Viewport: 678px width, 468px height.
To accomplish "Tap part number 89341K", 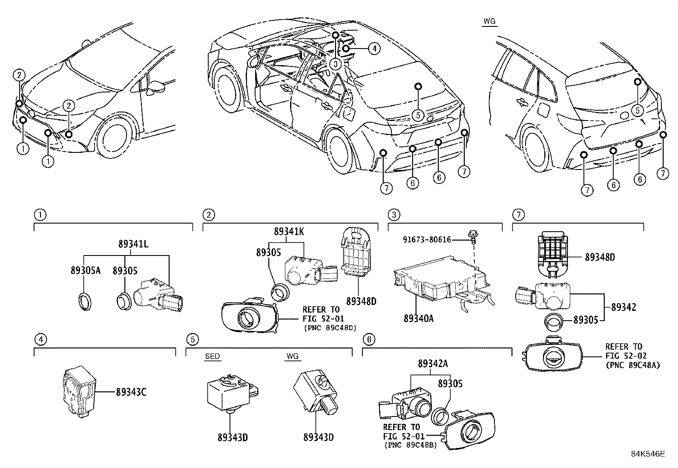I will (x=289, y=232).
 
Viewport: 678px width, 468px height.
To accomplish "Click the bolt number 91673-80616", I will (x=427, y=240).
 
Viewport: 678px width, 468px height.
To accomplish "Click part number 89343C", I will (x=131, y=392).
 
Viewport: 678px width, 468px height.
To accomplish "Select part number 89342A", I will (x=432, y=364).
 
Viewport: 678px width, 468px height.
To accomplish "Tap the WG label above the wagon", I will (x=490, y=22).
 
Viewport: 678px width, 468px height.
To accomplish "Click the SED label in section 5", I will (x=212, y=356).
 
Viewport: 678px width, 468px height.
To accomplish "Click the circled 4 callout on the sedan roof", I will (x=373, y=49).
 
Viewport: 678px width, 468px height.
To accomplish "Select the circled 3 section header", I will (x=394, y=215).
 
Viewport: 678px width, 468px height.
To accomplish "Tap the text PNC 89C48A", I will (x=632, y=365).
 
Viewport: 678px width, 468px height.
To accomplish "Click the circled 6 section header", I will (x=368, y=339).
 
